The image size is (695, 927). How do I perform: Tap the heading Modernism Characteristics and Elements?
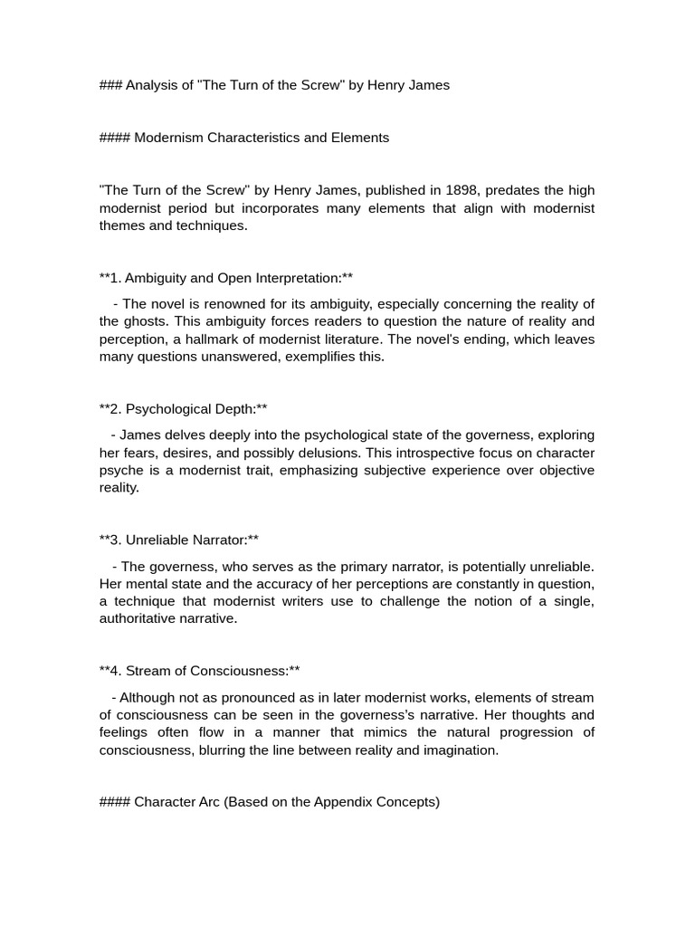point(262,138)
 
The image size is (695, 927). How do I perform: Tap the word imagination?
point(458,750)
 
